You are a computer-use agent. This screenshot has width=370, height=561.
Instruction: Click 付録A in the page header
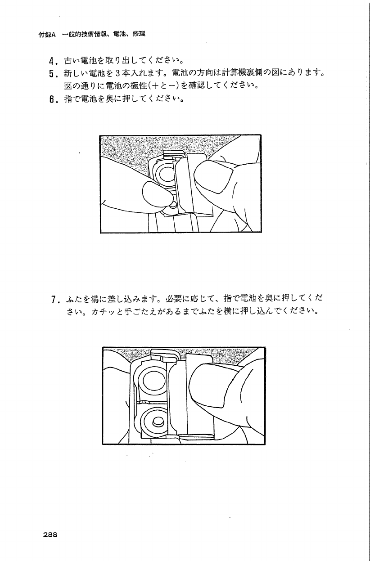point(47,35)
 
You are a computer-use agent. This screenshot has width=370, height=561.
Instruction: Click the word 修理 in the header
point(139,34)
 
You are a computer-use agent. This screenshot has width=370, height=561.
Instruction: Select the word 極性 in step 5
point(139,85)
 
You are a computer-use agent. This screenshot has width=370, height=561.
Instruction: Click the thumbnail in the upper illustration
point(214,176)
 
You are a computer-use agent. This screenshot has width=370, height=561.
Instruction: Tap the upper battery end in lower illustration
point(152,381)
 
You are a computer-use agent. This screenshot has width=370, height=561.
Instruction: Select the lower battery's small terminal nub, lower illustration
point(158,422)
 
